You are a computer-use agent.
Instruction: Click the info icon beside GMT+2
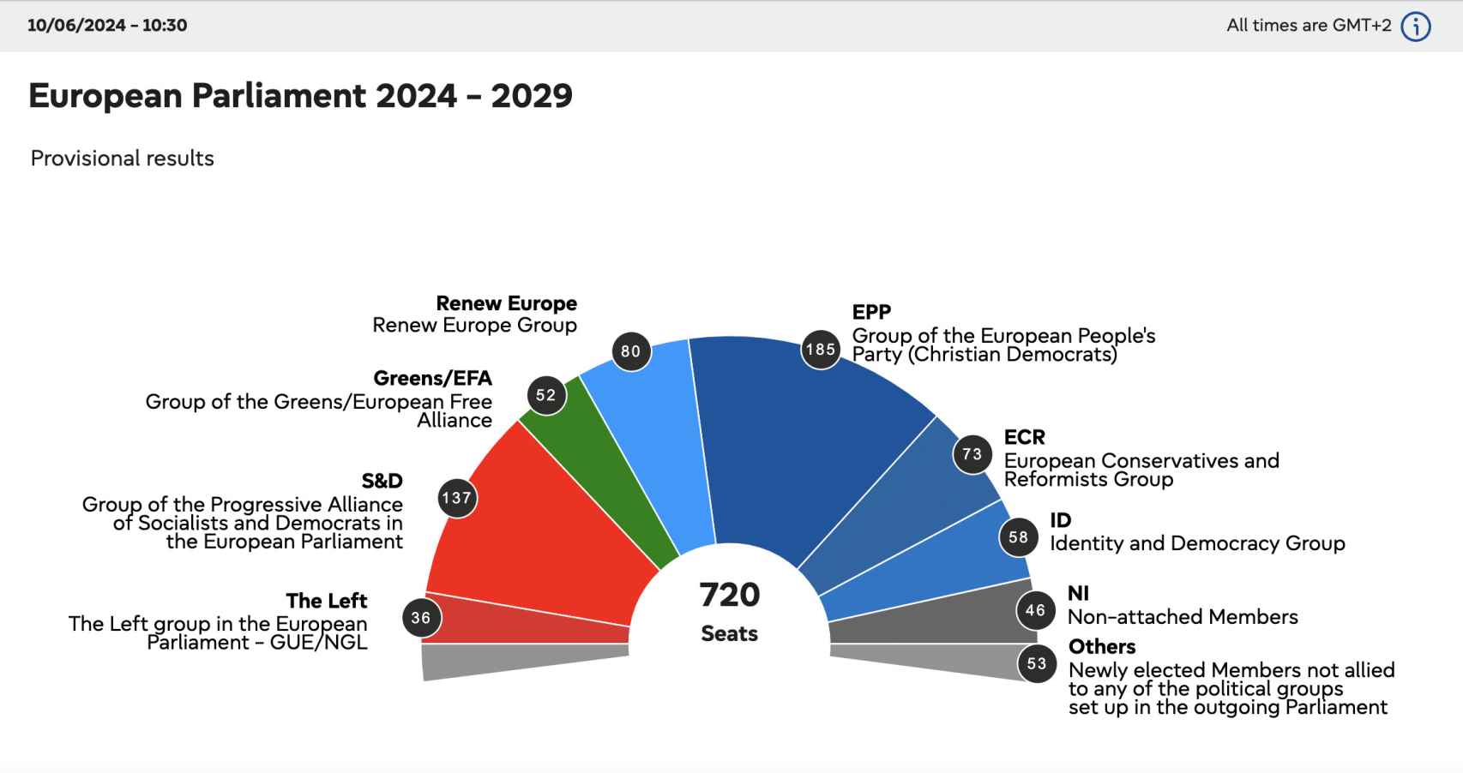(x=1416, y=27)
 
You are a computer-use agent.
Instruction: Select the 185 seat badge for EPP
(x=821, y=350)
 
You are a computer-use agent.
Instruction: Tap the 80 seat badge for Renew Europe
(x=630, y=351)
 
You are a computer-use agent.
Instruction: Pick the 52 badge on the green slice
(x=546, y=395)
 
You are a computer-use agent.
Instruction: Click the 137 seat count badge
(x=456, y=498)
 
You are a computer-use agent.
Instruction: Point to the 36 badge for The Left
(x=421, y=618)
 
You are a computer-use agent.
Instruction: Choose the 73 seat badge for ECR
(x=972, y=454)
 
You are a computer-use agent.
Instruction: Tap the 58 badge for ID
(x=1018, y=537)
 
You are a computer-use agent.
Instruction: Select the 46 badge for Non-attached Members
(x=1035, y=610)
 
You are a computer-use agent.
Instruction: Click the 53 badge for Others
(x=1037, y=663)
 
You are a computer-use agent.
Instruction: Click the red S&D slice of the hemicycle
(x=549, y=531)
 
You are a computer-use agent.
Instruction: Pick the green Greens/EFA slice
(x=600, y=471)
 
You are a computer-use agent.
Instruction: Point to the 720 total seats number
(x=730, y=595)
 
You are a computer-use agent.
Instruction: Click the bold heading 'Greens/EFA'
(x=432, y=378)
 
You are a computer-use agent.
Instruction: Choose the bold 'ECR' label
(x=1025, y=437)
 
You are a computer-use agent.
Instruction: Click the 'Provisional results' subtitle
(x=122, y=159)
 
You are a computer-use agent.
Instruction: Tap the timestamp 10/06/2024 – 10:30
(x=107, y=25)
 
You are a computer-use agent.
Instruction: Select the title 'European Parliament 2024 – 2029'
(x=300, y=96)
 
